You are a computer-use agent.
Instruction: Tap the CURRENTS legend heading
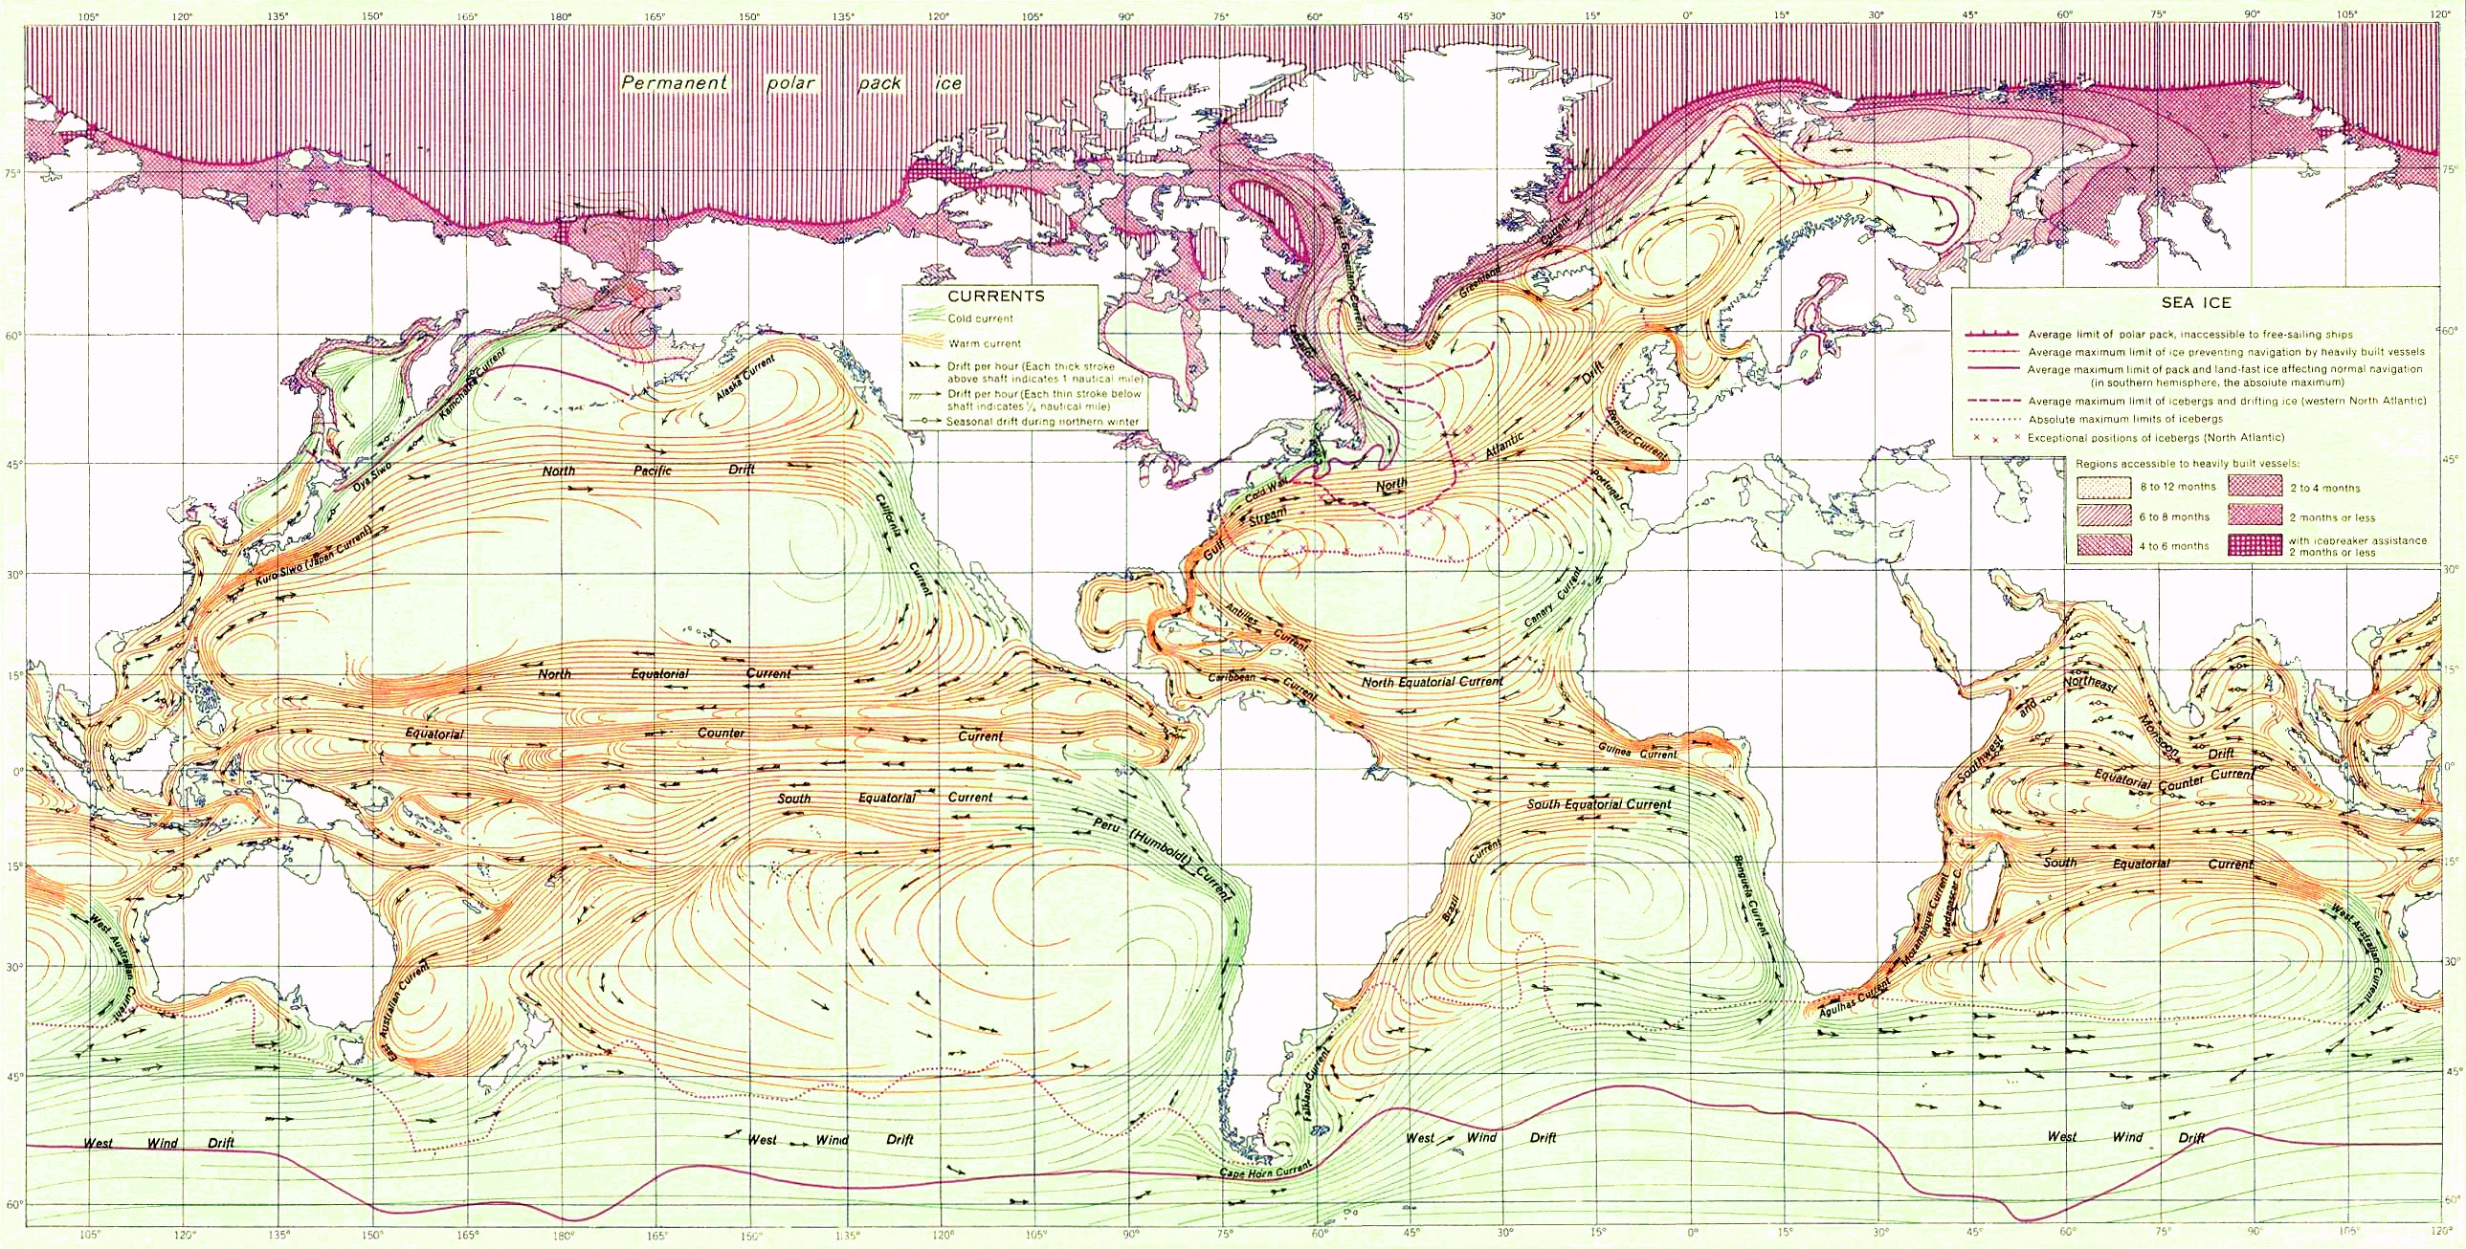[x=995, y=296]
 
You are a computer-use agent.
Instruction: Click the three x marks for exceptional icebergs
[x=1995, y=437]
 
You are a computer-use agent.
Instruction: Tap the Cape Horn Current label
[x=1266, y=1171]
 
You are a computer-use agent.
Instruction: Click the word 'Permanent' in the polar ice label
[x=674, y=83]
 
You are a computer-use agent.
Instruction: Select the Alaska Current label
[x=745, y=379]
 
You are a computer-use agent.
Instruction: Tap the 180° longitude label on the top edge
[x=561, y=16]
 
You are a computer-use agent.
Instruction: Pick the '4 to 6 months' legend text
[x=2174, y=546]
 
